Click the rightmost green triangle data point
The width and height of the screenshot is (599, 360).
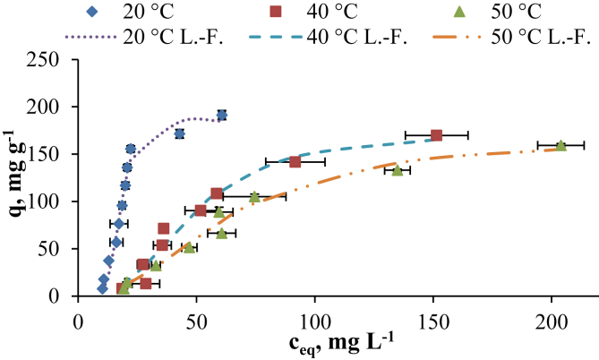pos(560,145)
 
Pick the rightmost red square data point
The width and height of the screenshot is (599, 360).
pos(436,135)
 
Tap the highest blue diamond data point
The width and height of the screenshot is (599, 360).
pos(221,115)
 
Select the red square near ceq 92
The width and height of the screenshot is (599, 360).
pos(295,162)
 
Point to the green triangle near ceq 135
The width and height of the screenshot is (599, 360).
pos(397,169)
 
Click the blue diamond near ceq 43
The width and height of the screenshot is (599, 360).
pos(180,134)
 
